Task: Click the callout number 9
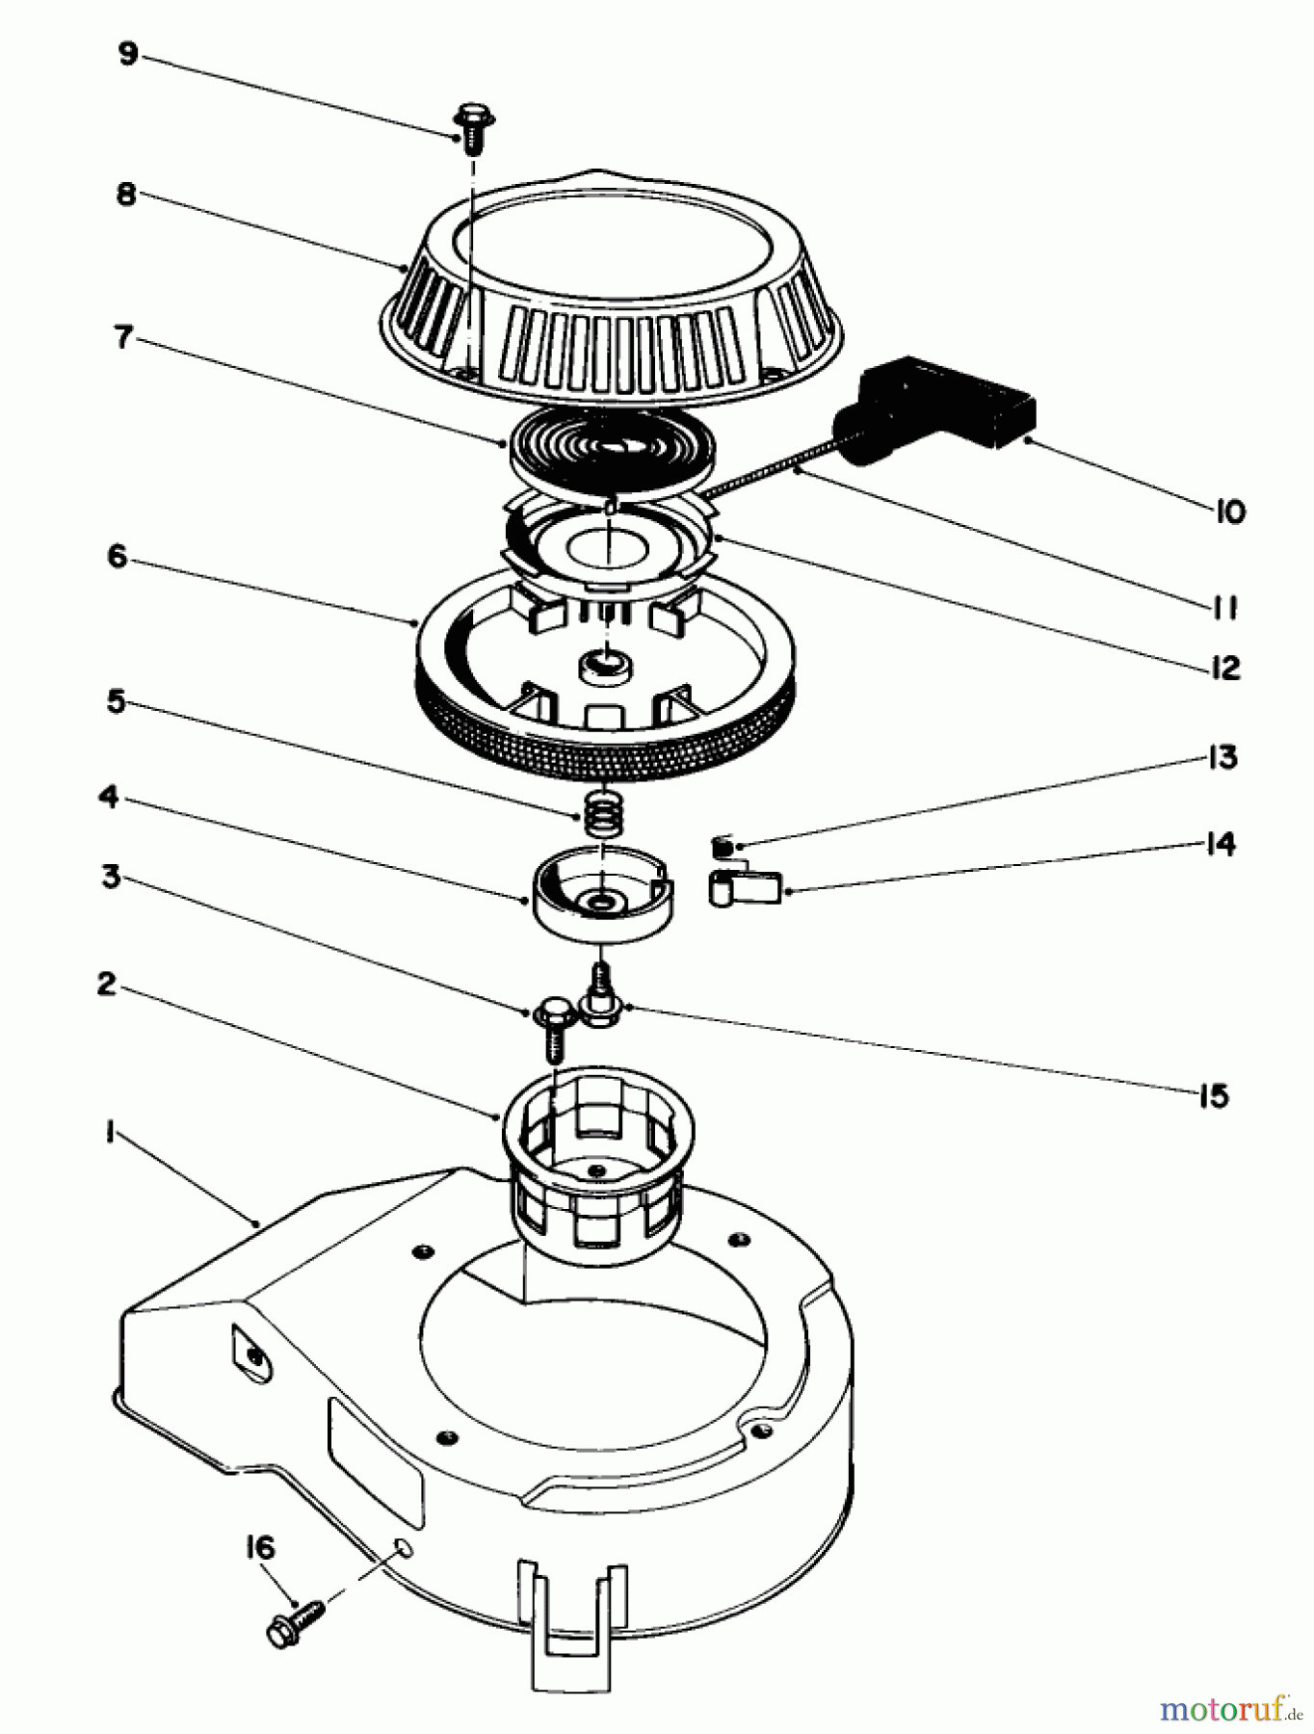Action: pyautogui.click(x=128, y=54)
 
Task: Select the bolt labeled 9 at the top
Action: pyautogui.click(x=472, y=126)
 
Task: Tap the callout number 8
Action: pyautogui.click(x=126, y=194)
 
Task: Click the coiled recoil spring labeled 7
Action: pyautogui.click(x=612, y=449)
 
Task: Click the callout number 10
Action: pyautogui.click(x=1230, y=512)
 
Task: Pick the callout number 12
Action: pyautogui.click(x=1225, y=668)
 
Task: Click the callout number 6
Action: pyautogui.click(x=117, y=556)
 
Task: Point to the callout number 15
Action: pyautogui.click(x=1214, y=1095)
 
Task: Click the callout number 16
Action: pyautogui.click(x=259, y=1548)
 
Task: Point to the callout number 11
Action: pyautogui.click(x=1223, y=608)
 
